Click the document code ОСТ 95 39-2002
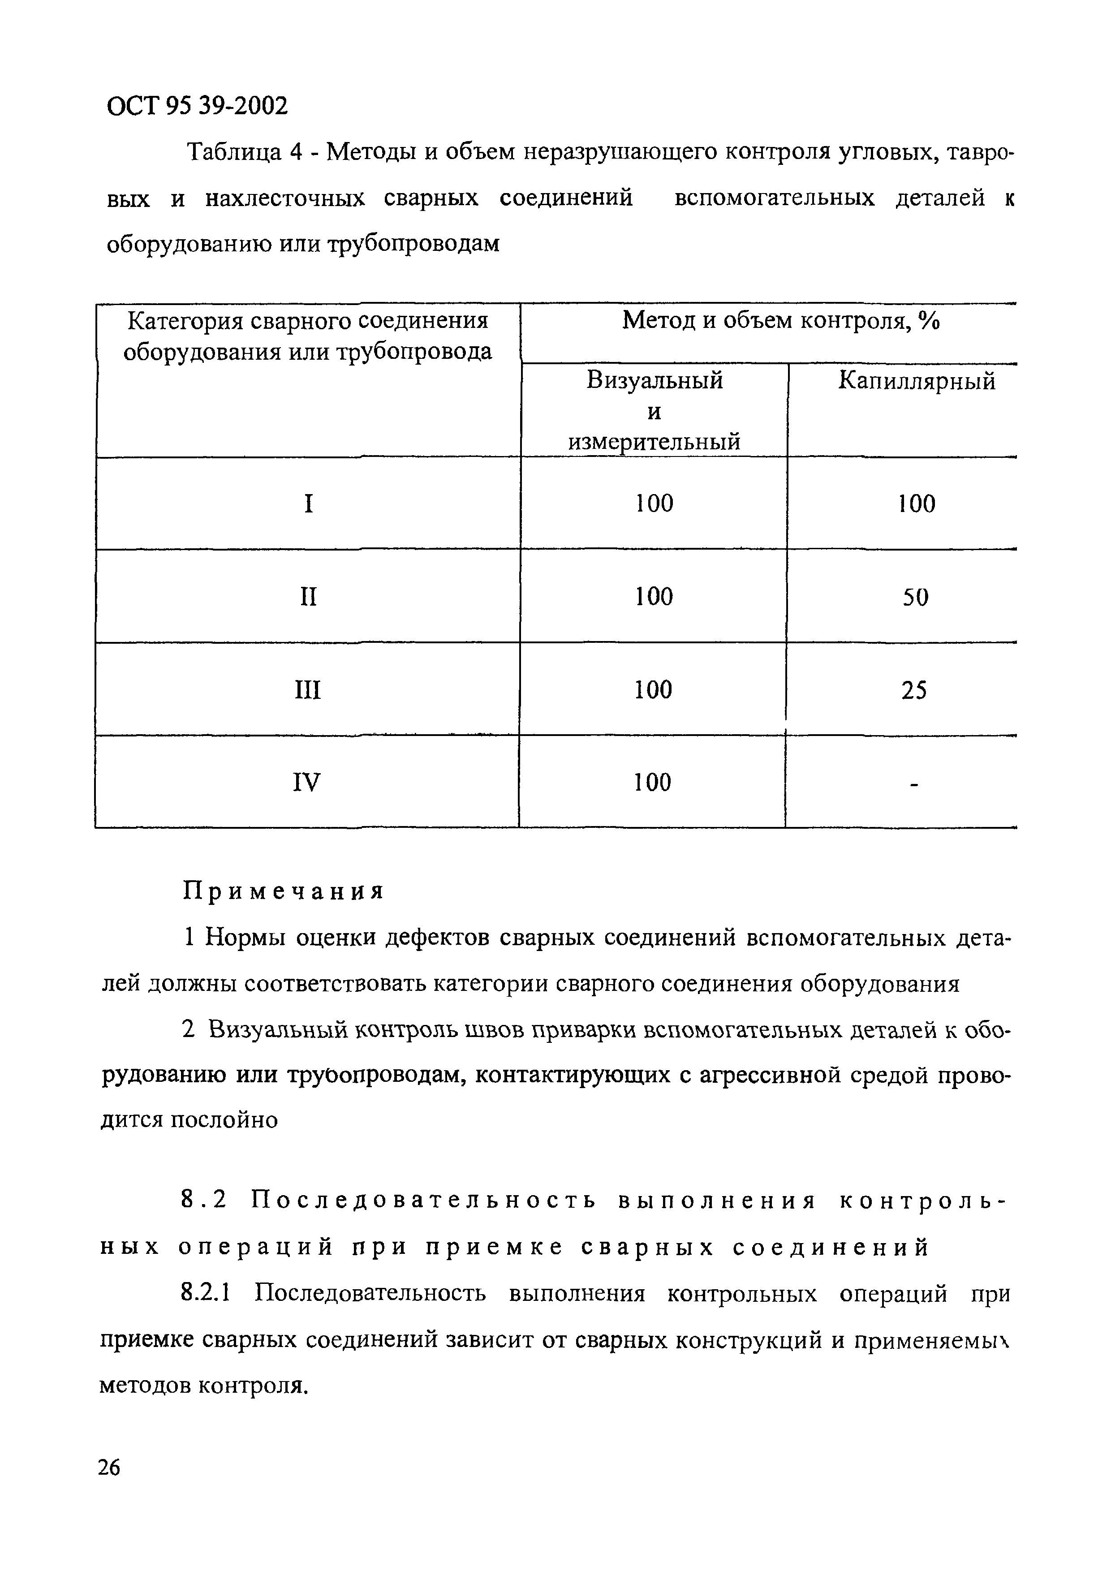[x=197, y=105]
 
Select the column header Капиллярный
[x=917, y=380]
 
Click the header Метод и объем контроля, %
[x=780, y=320]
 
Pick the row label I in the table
[x=309, y=504]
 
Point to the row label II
[x=309, y=597]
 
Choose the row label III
[x=308, y=690]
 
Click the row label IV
[x=306, y=782]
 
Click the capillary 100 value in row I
[x=916, y=504]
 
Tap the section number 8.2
[x=203, y=1200]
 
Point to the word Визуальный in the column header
[x=655, y=380]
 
